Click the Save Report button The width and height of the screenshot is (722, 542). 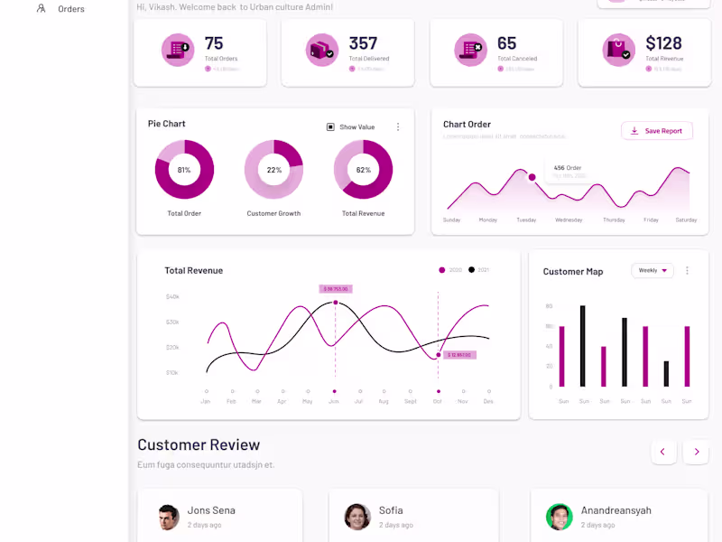(x=657, y=131)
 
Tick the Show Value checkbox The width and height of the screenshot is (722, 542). (x=330, y=127)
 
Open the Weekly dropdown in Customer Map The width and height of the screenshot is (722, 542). (x=653, y=270)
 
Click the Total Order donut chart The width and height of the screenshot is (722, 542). (x=184, y=170)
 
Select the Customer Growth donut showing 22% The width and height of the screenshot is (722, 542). (x=273, y=170)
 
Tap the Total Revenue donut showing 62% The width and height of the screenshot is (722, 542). (x=363, y=170)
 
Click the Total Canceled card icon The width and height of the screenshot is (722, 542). (x=470, y=50)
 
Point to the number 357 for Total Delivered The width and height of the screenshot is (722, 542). (x=363, y=43)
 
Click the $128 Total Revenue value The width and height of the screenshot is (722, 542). (x=663, y=43)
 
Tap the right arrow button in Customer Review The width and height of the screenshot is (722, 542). (x=696, y=452)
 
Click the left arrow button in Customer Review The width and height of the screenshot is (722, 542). (x=663, y=452)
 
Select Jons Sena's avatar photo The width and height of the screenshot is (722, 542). (x=169, y=517)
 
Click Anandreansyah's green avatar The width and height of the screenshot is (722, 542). (x=559, y=517)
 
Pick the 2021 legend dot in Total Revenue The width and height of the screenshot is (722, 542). (x=471, y=270)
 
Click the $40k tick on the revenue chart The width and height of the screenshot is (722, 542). (x=172, y=296)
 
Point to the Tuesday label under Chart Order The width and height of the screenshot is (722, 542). (x=526, y=220)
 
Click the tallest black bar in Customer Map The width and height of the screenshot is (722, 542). (x=582, y=347)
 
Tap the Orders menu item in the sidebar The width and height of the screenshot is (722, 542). (x=70, y=9)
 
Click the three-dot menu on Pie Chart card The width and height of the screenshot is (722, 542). (x=398, y=127)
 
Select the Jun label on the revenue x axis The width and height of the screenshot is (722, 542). (x=334, y=401)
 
